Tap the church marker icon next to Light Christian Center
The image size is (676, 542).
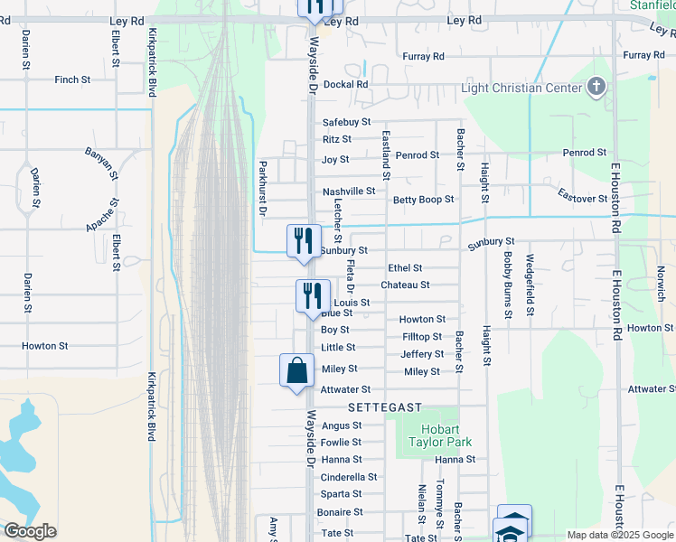pos(596,87)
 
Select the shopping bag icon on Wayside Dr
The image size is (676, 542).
pos(296,370)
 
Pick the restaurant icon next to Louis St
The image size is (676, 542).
pos(310,296)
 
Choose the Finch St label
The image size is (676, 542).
pos(72,79)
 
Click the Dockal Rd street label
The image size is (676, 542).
pos(350,84)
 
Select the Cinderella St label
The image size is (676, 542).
pos(349,477)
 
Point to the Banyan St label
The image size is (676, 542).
pos(101,159)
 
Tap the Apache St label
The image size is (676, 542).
pos(101,216)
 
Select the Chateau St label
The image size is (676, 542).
pos(404,285)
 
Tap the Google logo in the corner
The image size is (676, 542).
pos(30,531)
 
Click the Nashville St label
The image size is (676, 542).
pos(349,192)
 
